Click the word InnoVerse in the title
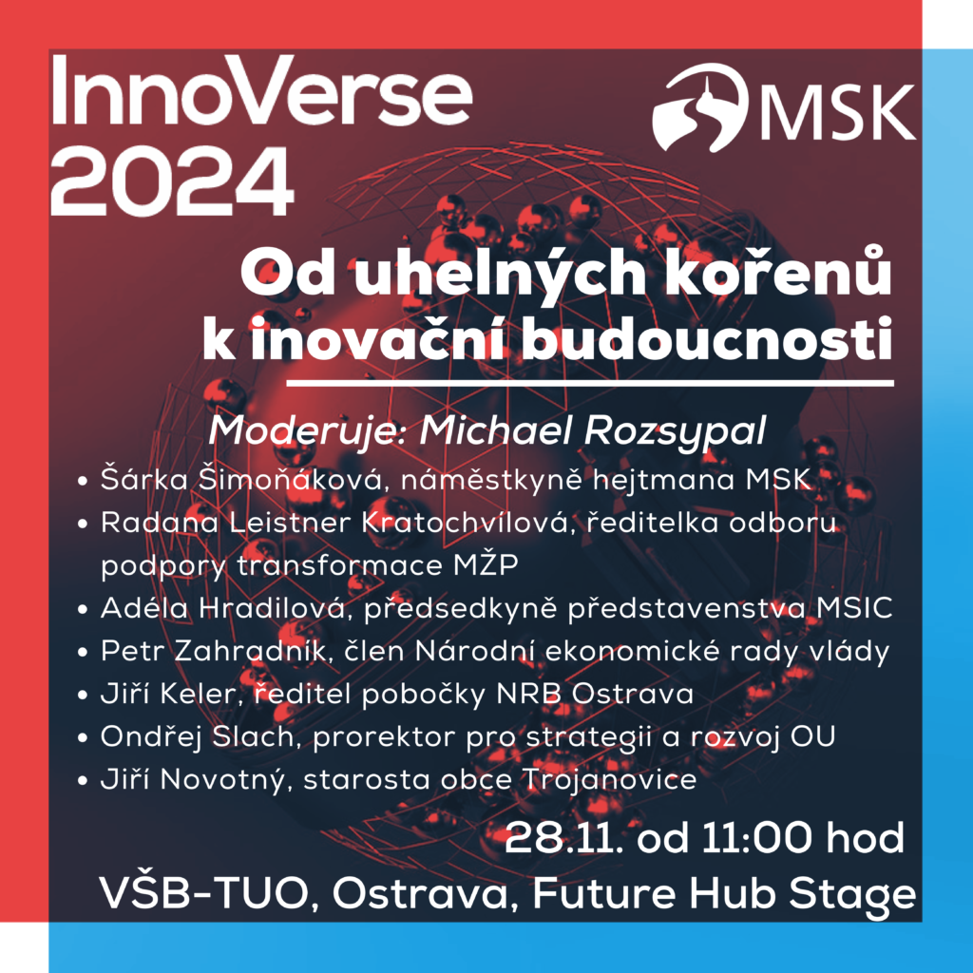click(x=261, y=92)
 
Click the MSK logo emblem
click(x=698, y=107)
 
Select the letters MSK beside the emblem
click(x=838, y=111)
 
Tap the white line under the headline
click(x=589, y=384)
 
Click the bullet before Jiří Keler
click(x=83, y=695)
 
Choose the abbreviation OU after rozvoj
click(x=812, y=737)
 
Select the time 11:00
click(x=756, y=838)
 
